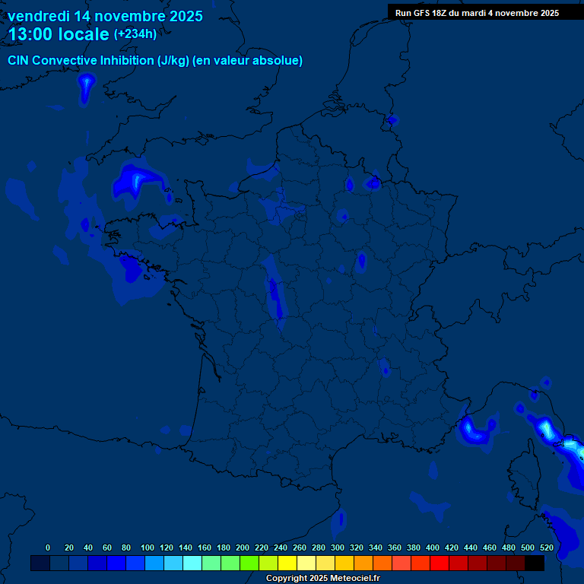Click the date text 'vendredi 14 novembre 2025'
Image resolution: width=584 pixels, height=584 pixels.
point(105,16)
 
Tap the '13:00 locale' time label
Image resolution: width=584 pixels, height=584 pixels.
point(59,34)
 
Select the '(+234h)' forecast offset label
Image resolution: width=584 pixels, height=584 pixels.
point(135,33)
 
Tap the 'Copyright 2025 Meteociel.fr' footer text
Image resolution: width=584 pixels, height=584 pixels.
point(322,578)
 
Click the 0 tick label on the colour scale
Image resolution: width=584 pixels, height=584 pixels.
point(48,547)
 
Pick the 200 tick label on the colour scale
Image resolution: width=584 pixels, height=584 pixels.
point(243,547)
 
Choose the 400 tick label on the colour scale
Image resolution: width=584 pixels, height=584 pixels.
point(433,547)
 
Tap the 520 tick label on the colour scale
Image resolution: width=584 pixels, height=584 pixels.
point(547,547)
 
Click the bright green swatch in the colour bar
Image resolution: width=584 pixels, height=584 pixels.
point(249,563)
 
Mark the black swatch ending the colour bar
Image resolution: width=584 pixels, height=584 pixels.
point(535,563)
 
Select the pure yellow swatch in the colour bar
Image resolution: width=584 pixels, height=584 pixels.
point(287,563)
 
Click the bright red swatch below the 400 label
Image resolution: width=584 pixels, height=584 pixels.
point(440,563)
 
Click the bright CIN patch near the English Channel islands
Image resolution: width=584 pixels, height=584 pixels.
point(137,181)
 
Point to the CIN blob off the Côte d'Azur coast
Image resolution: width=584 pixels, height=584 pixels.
point(475,431)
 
